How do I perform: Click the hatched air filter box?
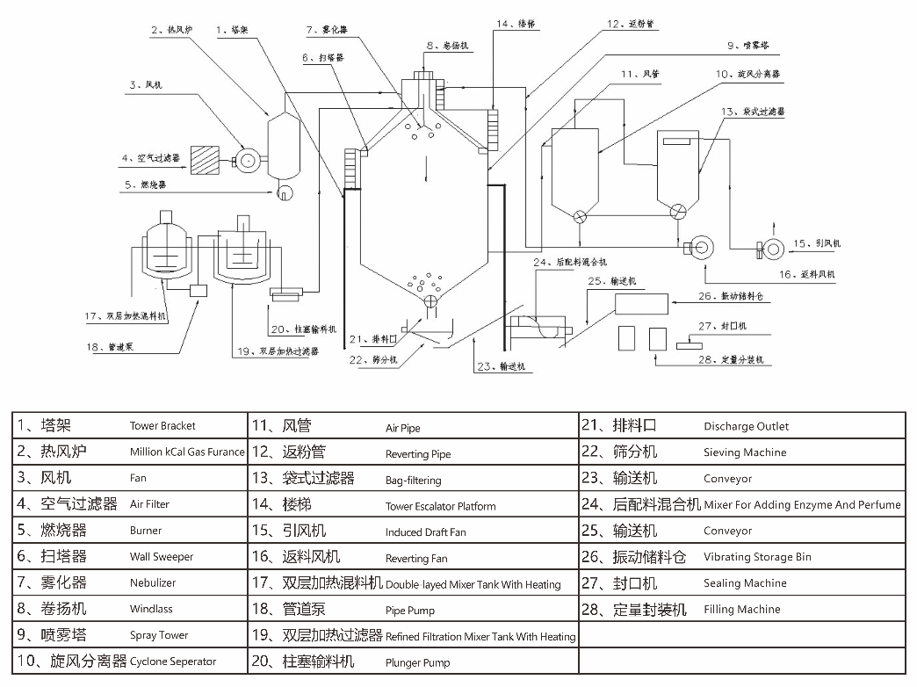[x=206, y=159]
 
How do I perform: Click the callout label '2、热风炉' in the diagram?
[x=173, y=30]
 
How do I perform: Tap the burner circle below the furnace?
[x=285, y=193]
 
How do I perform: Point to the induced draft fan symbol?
[x=773, y=249]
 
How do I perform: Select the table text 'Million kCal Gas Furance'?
[x=187, y=452]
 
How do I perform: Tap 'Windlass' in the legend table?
[x=151, y=609]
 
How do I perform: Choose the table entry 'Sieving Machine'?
[x=745, y=452]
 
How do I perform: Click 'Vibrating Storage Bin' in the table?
[x=757, y=557]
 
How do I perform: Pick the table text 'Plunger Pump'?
[x=417, y=662]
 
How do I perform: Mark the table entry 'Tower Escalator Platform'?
[x=440, y=506]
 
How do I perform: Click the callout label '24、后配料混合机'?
[x=570, y=262]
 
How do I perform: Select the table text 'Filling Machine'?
[x=741, y=609]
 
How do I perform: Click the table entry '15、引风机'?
[x=289, y=531]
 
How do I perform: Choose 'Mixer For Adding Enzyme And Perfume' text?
[x=802, y=505]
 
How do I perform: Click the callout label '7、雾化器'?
[x=327, y=30]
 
